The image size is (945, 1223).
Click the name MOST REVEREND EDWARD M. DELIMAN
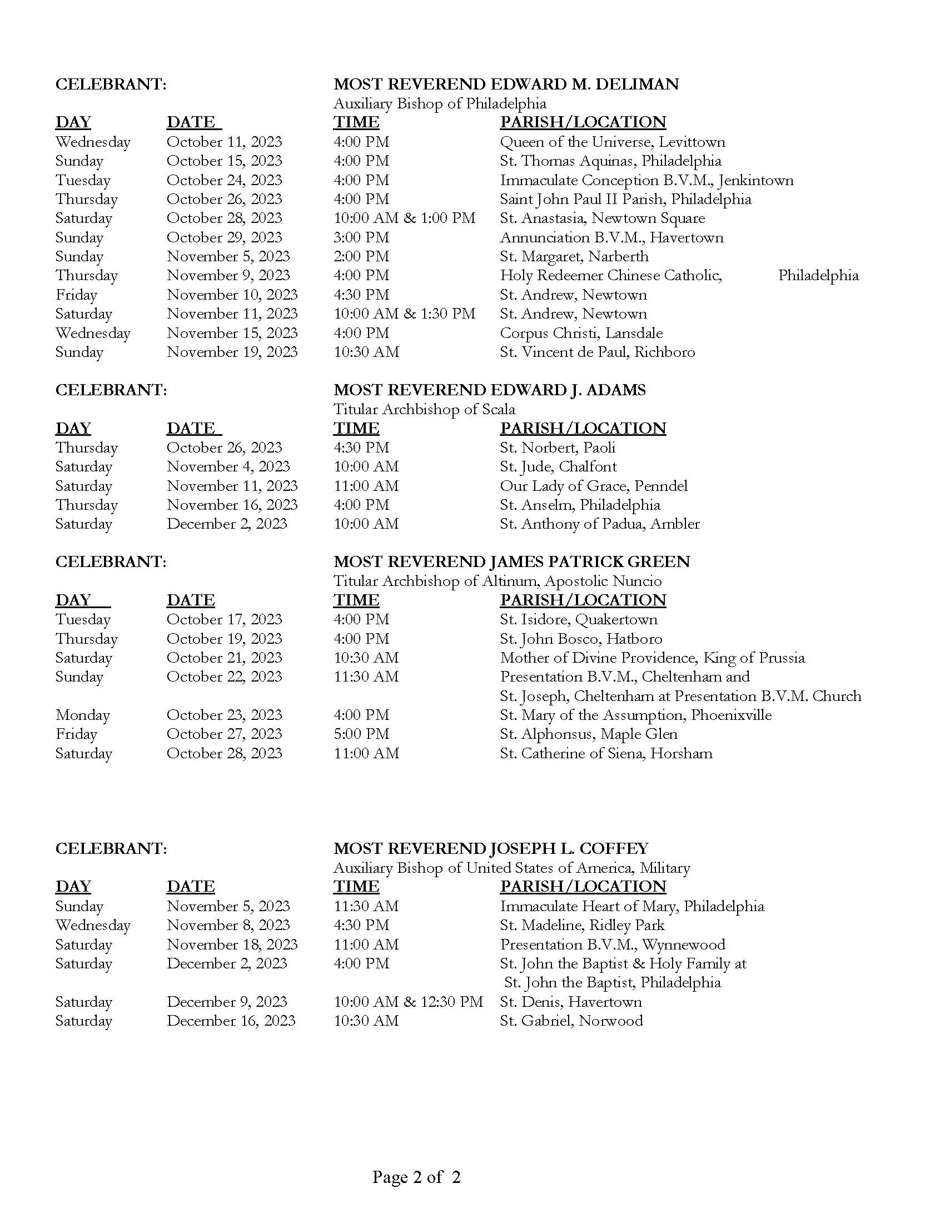click(x=505, y=84)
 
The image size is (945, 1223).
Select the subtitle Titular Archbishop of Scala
click(x=424, y=409)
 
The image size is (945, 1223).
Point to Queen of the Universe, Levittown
click(x=612, y=142)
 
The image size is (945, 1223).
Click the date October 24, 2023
click(x=224, y=180)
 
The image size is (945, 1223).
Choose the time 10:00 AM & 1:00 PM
click(x=404, y=218)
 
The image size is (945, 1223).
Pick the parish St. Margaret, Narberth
click(x=574, y=256)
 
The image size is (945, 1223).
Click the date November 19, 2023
click(x=232, y=352)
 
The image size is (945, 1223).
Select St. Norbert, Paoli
click(x=557, y=448)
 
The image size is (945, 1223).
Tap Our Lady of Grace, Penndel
click(x=594, y=486)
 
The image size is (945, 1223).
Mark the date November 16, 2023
click(x=232, y=505)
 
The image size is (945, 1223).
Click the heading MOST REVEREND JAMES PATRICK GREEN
click(x=511, y=561)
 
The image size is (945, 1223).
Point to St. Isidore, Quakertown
click(x=578, y=619)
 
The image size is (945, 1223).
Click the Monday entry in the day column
click(x=82, y=715)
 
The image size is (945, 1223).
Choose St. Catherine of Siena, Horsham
click(x=606, y=753)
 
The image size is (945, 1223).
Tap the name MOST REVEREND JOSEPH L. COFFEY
click(x=490, y=848)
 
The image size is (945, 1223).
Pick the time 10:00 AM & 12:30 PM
click(x=408, y=1002)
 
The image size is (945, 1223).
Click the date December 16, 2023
click(x=231, y=1021)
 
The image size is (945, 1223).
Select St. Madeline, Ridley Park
click(x=581, y=925)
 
